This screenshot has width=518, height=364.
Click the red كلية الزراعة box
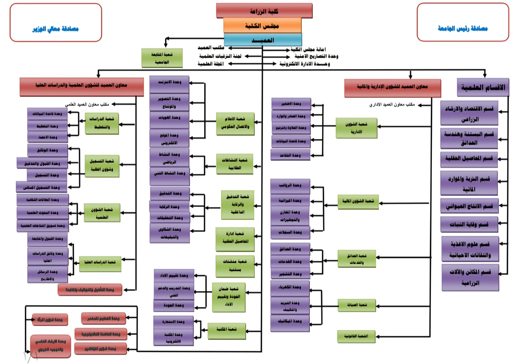pos(264,11)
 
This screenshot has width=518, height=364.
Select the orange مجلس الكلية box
pos(262,26)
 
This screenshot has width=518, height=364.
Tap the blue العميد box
pos(263,40)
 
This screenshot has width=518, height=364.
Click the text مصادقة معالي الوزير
pos(55,29)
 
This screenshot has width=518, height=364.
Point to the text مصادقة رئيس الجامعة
pos(463,28)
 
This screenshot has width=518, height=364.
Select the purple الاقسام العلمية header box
pos(483,87)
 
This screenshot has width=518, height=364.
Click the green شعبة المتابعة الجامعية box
pos(162,58)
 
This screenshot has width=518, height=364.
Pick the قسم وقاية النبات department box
pos(469,224)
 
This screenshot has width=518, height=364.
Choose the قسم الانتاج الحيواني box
pos(469,206)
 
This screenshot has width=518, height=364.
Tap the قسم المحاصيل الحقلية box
pos(469,158)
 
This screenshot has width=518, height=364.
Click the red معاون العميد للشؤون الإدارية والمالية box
pos(392,87)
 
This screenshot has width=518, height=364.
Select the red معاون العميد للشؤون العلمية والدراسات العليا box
pos(82,85)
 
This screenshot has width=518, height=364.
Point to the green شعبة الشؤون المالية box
pos(358,201)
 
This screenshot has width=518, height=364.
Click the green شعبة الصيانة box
pos(356,305)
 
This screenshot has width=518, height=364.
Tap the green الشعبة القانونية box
pos(356,336)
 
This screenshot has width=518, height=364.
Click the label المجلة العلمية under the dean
pos(210,64)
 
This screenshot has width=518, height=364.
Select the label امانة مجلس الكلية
pos(308,49)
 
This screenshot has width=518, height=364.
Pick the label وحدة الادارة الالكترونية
pos(304,64)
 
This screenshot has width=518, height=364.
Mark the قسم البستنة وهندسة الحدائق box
pos(469,138)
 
